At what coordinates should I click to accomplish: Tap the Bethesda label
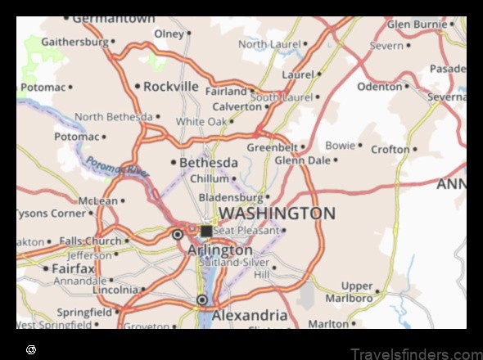click(x=209, y=162)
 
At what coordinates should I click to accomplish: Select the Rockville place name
click(x=171, y=86)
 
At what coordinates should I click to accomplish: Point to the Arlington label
click(x=219, y=250)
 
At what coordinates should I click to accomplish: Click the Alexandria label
click(x=250, y=315)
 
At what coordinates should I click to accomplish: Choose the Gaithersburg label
click(x=74, y=41)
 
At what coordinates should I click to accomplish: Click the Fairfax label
click(x=74, y=268)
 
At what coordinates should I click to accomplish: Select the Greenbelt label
click(x=273, y=147)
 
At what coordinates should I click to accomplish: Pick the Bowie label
click(x=340, y=146)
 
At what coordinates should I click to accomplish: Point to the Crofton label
click(x=390, y=150)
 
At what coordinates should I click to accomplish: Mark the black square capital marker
click(x=206, y=232)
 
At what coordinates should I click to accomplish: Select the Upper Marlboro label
click(x=357, y=291)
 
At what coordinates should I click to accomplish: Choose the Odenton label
click(x=379, y=86)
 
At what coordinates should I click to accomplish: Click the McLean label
click(x=97, y=200)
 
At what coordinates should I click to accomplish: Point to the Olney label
click(x=169, y=34)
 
